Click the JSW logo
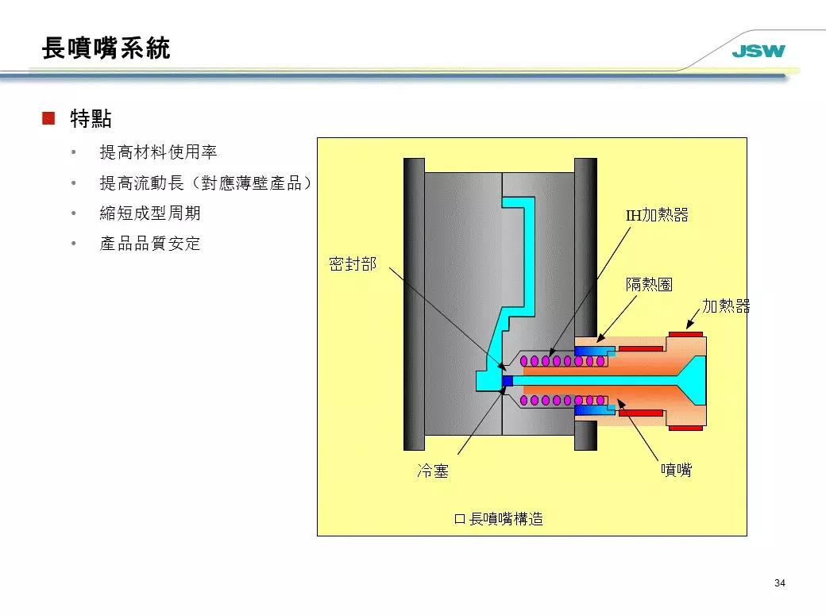point(758,52)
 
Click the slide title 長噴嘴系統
point(106,48)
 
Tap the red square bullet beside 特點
point(48,119)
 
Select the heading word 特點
point(91,120)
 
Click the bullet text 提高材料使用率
point(158,152)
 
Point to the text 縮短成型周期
point(150,213)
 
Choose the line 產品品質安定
point(150,244)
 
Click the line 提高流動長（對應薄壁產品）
point(205,183)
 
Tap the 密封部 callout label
point(353,264)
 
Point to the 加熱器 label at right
point(726,306)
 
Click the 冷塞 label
point(433,471)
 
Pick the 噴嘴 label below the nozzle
point(676,470)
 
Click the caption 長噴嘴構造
point(506,520)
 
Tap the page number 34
point(779,583)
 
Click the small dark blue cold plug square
point(508,382)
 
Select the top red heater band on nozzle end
point(685,334)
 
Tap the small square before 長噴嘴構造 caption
point(458,520)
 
